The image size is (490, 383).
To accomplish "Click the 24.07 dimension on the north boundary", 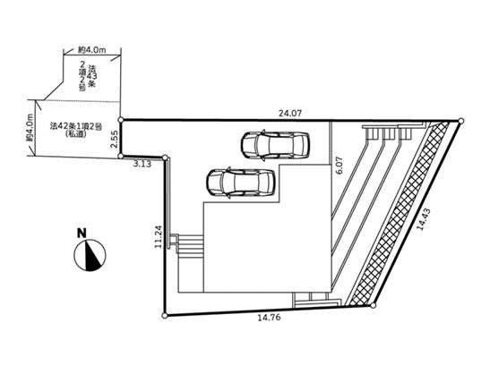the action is [290, 113].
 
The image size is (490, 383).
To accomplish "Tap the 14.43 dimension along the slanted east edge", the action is [424, 219].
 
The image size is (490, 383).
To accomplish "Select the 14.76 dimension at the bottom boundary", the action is [269, 318].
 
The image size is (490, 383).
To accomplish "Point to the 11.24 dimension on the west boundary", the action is [159, 236].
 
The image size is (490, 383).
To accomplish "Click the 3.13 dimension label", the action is [142, 164].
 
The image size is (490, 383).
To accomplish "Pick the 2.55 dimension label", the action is [115, 140].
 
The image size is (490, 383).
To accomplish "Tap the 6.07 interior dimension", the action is [340, 166].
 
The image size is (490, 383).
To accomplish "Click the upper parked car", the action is [275, 145].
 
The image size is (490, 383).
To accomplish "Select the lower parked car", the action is [241, 183].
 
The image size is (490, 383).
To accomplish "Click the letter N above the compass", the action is [82, 234].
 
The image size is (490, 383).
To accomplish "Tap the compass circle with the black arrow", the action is [90, 255].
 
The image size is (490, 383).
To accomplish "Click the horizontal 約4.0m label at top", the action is [92, 49].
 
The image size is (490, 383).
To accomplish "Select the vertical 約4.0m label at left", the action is [30, 128].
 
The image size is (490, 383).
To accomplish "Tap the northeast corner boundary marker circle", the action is [460, 121].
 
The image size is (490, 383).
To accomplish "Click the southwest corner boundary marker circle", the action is [165, 316].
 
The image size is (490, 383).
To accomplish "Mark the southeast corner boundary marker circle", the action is [374, 305].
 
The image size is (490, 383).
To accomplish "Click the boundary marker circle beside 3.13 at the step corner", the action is [166, 157].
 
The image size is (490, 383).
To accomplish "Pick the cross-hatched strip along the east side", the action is [400, 213].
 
